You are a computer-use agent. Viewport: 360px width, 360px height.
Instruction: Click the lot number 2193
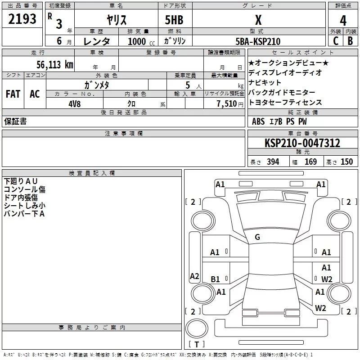[x=22, y=19]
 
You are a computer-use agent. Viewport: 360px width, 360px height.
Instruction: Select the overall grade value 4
[x=343, y=21]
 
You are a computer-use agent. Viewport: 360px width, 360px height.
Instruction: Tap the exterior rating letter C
[x=336, y=41]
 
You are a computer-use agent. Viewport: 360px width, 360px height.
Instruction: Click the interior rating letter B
[x=350, y=41]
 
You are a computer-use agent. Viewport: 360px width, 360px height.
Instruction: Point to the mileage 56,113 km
[x=55, y=65]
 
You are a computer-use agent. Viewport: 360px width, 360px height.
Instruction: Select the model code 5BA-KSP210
[x=258, y=41]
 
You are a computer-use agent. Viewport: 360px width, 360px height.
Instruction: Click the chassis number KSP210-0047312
[x=302, y=143]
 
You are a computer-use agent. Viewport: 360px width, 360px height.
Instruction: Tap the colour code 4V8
[x=75, y=104]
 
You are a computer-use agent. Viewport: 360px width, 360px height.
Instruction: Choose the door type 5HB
[x=174, y=20]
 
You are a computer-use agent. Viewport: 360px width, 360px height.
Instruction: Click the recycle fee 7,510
[x=227, y=104]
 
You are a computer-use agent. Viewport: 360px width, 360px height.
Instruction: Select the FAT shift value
[x=13, y=94]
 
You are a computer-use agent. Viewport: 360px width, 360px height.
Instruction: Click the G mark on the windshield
[x=257, y=237]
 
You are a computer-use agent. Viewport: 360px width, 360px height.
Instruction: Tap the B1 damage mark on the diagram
[x=215, y=279]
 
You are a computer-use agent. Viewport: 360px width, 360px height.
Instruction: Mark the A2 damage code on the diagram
[x=194, y=276]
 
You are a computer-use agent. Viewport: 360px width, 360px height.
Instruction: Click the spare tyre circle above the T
[x=197, y=328]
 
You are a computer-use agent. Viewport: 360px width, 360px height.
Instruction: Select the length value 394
[x=273, y=162]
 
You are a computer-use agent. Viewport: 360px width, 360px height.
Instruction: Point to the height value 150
[x=346, y=162]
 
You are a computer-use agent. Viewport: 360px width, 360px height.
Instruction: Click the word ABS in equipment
[x=258, y=121]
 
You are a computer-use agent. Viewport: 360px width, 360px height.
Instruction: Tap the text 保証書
[x=15, y=121]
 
